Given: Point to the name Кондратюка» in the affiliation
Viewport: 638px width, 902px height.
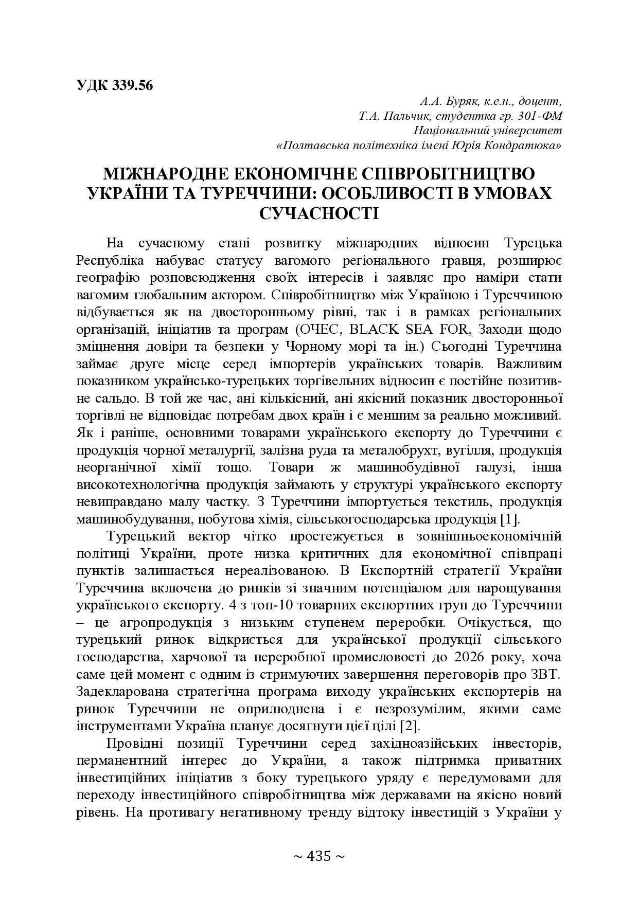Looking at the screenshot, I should pos(528,146).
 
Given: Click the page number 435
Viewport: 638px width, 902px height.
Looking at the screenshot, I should pos(318,856).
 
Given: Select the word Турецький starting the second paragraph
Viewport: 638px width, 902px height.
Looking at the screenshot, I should pos(141,536).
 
